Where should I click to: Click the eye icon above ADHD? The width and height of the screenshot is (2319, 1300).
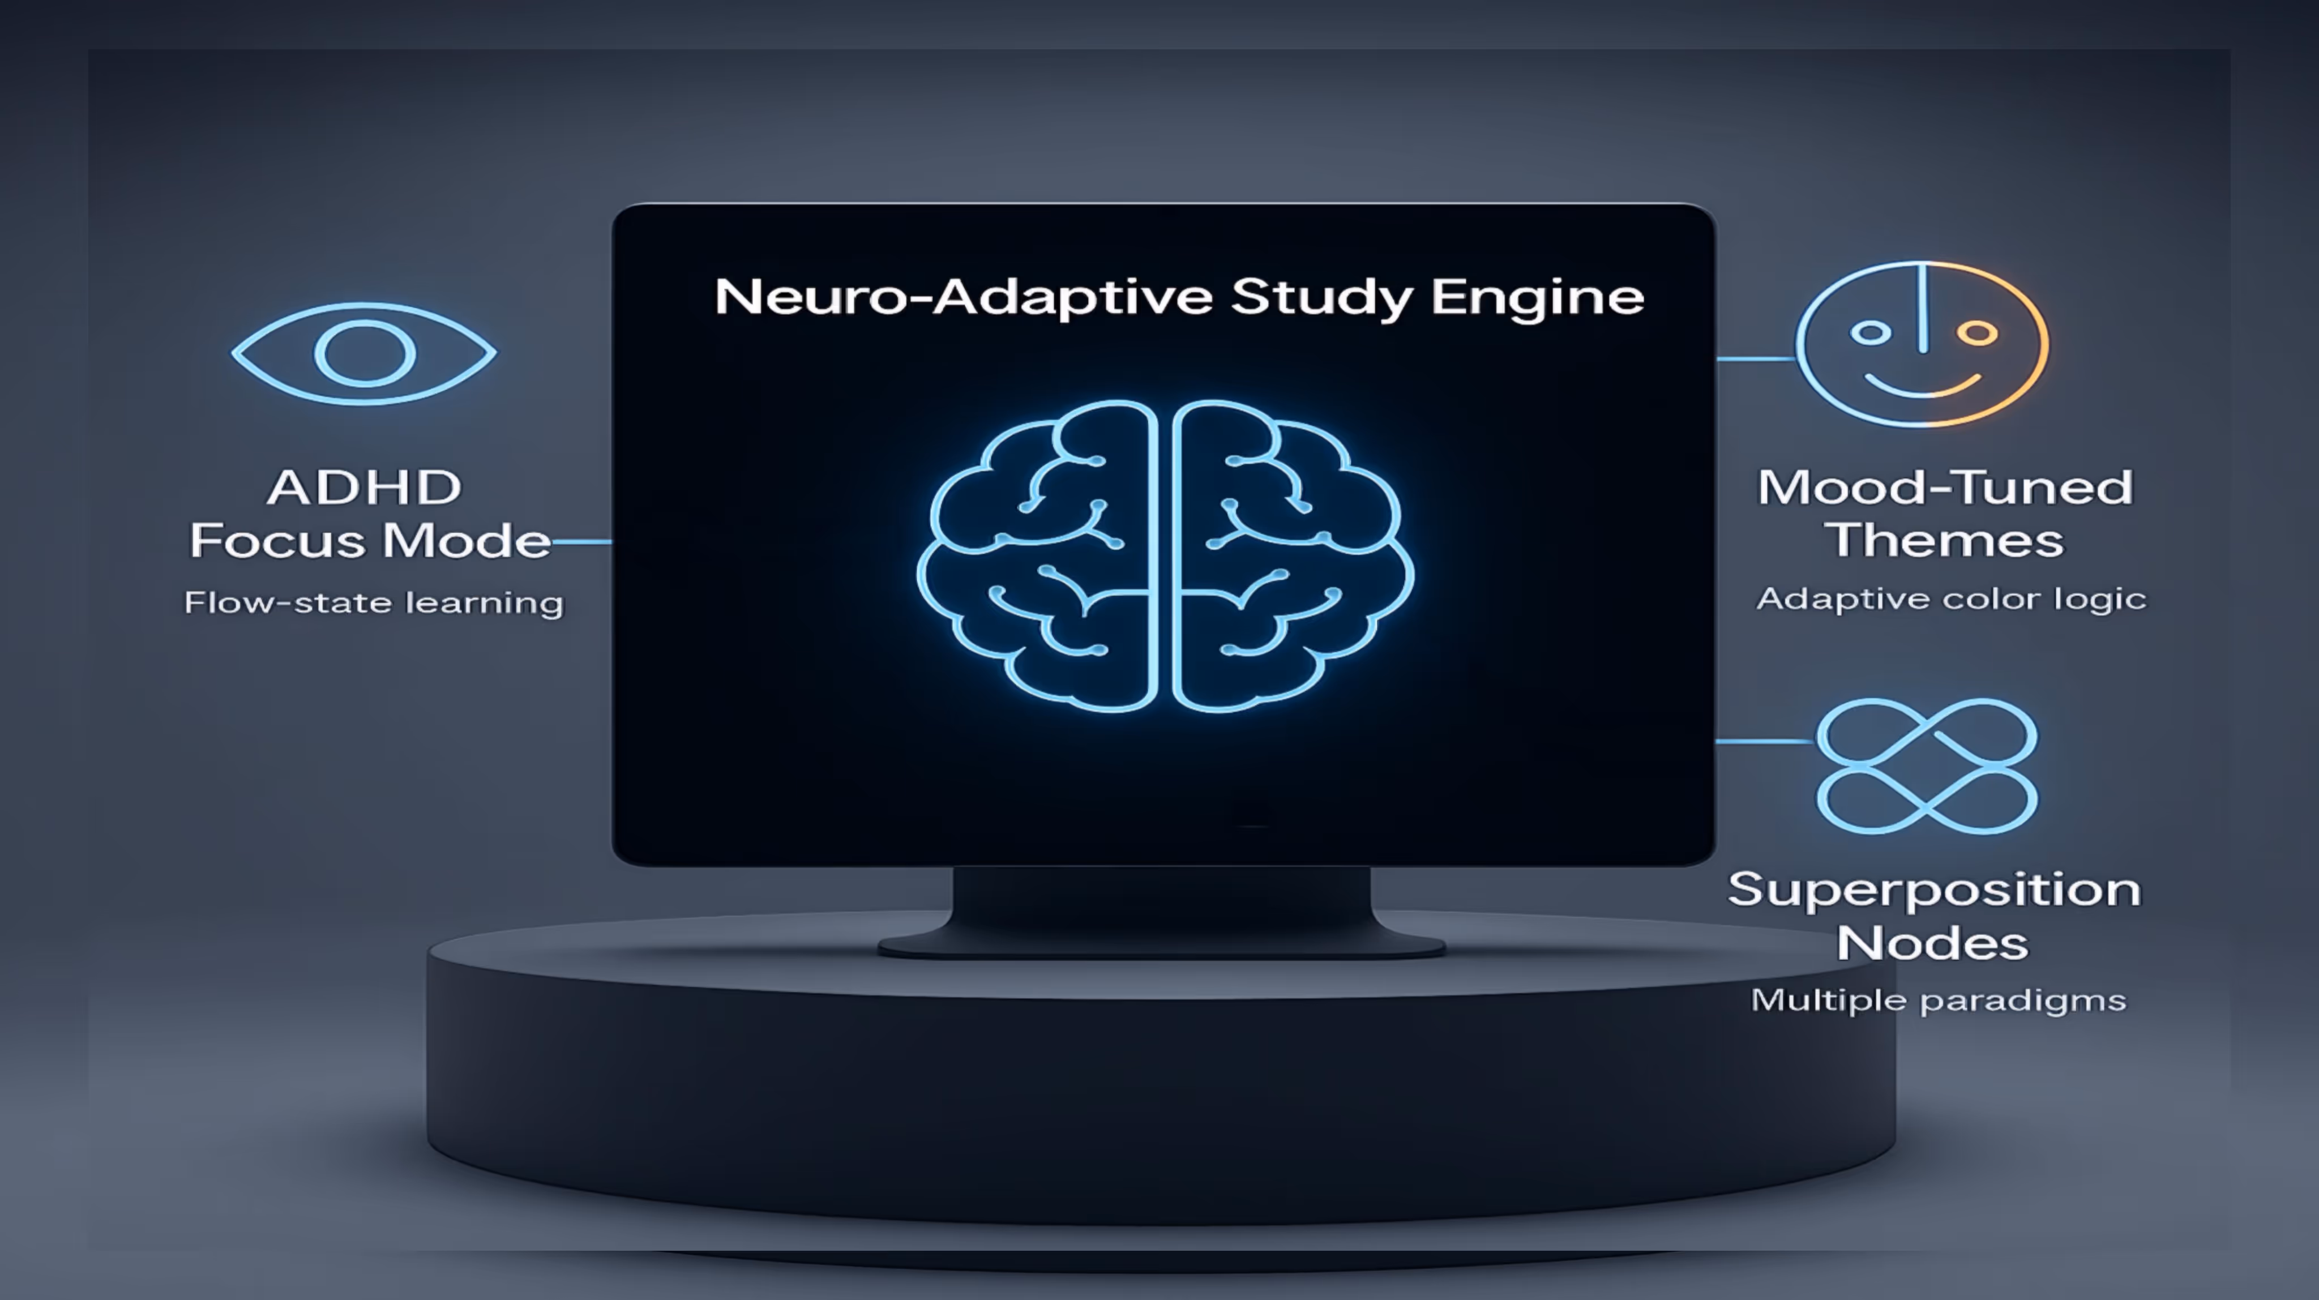[x=363, y=353]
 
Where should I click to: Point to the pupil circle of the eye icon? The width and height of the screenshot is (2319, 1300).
[x=363, y=353]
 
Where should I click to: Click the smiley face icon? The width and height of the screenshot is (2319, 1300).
[x=1923, y=344]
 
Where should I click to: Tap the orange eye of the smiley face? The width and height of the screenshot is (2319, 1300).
[x=1977, y=333]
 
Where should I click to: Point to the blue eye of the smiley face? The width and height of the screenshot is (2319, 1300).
[x=1871, y=333]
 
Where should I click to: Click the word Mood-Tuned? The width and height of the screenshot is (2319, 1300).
[x=1945, y=488]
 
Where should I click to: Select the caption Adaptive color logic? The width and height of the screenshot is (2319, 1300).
[x=1951, y=598]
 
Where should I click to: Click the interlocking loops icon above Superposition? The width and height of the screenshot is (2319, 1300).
[x=1927, y=766]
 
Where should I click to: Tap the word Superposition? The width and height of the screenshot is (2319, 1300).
[x=1933, y=890]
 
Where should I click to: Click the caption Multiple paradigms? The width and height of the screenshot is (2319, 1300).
[x=1938, y=1000]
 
